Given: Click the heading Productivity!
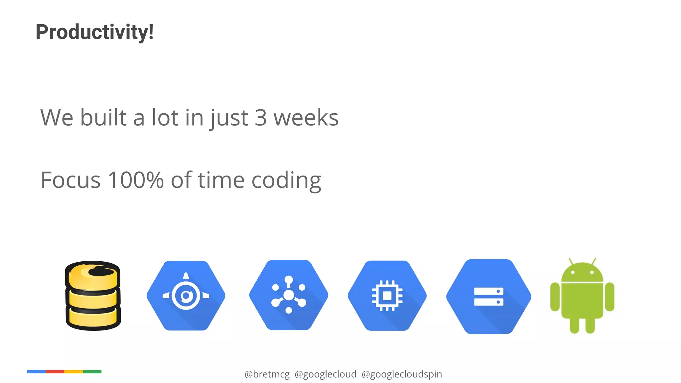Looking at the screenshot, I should point(94,32).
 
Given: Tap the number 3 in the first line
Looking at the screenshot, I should point(261,118).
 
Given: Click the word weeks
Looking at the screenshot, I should point(306,118).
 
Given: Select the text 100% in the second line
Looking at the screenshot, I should point(136,180).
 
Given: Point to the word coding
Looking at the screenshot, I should point(286,181).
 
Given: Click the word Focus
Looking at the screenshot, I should point(70,180).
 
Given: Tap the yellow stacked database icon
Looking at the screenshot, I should point(93,296).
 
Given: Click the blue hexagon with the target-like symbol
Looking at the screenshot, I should point(186,296).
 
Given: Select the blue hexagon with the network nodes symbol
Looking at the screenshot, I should point(289,295).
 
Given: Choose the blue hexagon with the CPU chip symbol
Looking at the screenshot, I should point(387,296).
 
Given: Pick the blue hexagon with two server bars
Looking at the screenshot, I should point(488,297).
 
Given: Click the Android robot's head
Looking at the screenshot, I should point(582,273).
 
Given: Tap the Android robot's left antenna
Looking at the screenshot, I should point(571,261).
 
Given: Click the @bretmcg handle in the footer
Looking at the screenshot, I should point(267,374).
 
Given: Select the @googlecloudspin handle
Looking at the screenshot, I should point(402,374).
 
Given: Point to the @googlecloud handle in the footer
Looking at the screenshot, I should point(326,374).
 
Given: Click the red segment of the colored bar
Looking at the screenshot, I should point(55,372).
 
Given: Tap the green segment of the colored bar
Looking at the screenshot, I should point(92,372).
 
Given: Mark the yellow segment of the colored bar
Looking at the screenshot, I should point(73,372).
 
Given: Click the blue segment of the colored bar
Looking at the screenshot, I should point(36,372).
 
